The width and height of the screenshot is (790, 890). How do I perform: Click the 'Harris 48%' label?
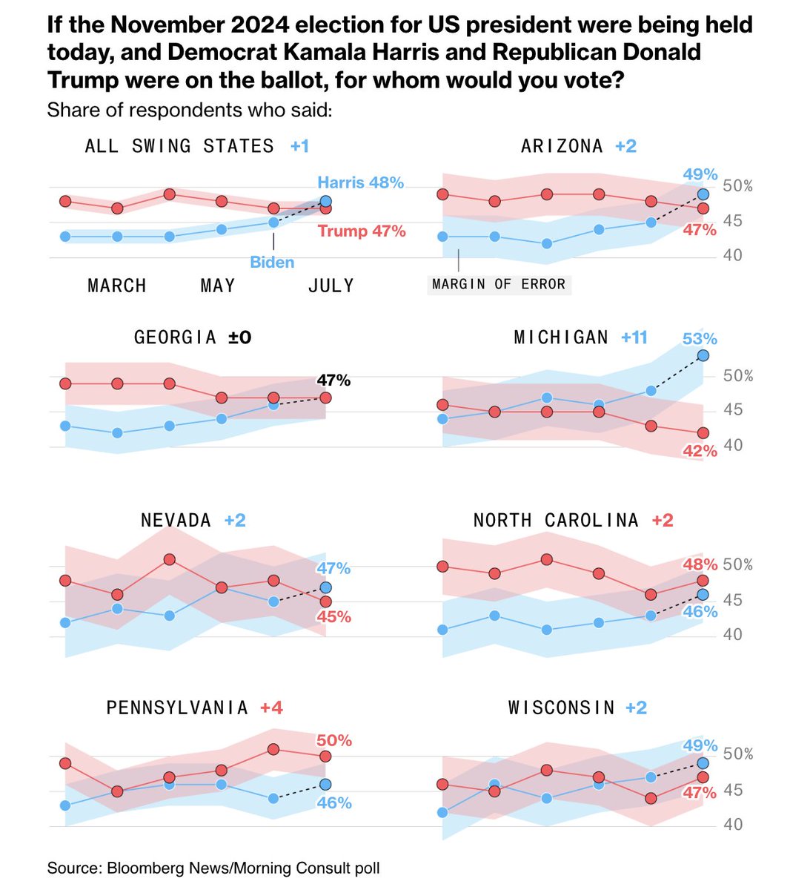360,182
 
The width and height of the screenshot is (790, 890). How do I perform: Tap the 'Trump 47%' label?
362,231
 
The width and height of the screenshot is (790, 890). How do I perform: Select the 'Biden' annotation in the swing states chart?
272,263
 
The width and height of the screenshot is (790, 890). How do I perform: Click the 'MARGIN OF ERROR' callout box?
499,284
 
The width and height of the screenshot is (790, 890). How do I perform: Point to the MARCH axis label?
117,286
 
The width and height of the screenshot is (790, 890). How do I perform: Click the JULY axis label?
331,286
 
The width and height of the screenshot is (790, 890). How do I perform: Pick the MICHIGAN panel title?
561,338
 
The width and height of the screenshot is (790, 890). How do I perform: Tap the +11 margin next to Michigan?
634,338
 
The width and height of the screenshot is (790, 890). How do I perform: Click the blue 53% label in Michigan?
700,339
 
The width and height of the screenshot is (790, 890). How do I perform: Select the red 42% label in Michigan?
700,451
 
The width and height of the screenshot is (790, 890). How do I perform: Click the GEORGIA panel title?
176,337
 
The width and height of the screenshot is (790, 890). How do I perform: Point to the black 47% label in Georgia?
333,380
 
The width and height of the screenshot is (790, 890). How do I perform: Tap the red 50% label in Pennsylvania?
333,740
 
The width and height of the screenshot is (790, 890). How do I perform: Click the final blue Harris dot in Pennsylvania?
325,784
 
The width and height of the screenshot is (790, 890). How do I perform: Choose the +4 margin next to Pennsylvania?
271,708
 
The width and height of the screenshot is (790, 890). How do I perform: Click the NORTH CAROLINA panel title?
556,521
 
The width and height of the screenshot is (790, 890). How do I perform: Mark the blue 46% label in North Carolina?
700,612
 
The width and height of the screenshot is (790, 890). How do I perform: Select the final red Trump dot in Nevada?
325,601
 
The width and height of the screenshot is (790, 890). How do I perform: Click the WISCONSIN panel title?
562,708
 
